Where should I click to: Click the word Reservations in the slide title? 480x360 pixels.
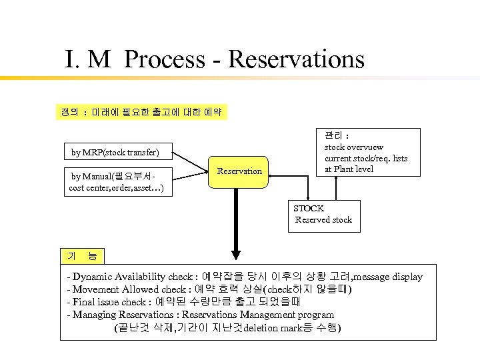[x=296, y=59]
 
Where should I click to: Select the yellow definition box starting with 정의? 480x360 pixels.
[x=141, y=111]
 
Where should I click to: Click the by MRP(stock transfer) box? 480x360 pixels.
[x=115, y=153]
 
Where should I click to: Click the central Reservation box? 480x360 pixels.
[x=240, y=171]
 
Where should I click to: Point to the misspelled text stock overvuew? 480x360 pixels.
[x=354, y=147]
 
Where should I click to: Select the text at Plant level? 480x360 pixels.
[x=349, y=169]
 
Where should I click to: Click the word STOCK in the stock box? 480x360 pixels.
[x=309, y=209]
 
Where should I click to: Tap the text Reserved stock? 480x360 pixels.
[x=323, y=220]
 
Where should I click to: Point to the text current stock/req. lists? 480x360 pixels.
[x=366, y=158]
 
